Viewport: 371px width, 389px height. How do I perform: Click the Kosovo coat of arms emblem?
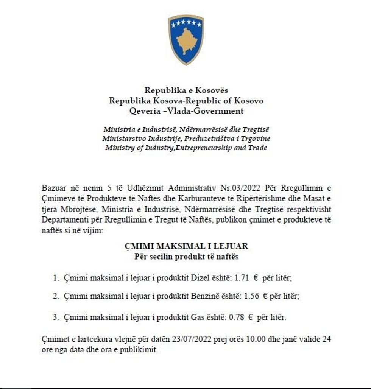click(x=186, y=39)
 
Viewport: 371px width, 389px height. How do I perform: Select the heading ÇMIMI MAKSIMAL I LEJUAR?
click(x=186, y=246)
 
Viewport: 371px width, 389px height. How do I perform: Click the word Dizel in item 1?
click(x=195, y=278)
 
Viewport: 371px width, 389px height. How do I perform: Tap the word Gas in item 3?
click(x=194, y=317)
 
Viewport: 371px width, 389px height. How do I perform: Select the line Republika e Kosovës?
click(x=186, y=90)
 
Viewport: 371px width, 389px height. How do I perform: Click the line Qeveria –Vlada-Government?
click(x=186, y=111)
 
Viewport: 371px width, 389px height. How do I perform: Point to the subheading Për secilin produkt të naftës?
click(x=186, y=257)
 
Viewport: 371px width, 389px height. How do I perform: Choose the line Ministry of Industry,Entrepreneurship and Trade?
click(x=186, y=148)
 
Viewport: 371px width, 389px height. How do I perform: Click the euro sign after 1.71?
click(x=256, y=278)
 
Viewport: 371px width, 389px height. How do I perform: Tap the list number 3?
click(x=55, y=317)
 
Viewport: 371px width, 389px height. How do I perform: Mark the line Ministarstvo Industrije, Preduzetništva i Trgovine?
click(x=186, y=138)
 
